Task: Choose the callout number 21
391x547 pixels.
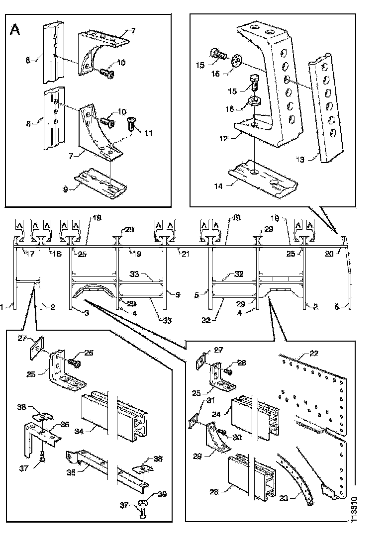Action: coord(185,254)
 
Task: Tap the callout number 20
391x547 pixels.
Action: coord(328,254)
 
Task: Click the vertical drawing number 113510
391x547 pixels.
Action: coord(353,508)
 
